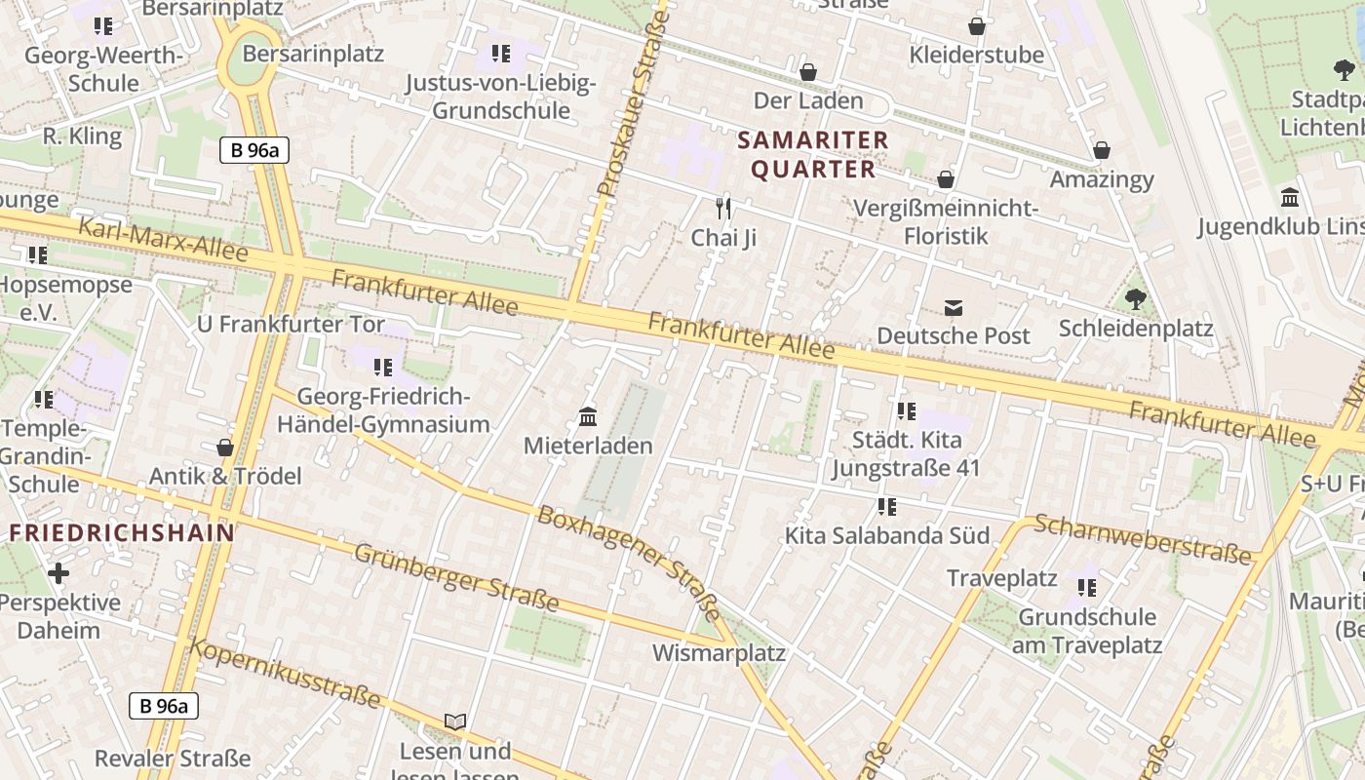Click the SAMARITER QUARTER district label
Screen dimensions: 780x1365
coord(813,155)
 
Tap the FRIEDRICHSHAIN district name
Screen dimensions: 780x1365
coord(122,533)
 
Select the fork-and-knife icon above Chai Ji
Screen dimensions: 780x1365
coord(723,208)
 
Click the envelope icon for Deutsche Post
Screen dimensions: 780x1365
coord(953,308)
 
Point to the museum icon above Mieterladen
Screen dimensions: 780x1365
coord(588,417)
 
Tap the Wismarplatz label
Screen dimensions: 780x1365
coord(719,652)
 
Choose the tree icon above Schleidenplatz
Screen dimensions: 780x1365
coord(1135,299)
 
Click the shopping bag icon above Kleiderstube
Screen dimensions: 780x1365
coord(976,26)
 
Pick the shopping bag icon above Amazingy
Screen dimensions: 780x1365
coord(1101,150)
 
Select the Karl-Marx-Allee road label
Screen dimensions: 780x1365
coord(163,240)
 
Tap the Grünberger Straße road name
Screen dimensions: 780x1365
coord(456,578)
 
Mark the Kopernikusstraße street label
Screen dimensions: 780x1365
coord(285,674)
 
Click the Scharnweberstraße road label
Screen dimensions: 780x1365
coord(1142,539)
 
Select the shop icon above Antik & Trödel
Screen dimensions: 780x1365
coord(225,448)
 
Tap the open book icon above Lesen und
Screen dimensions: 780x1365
coord(455,721)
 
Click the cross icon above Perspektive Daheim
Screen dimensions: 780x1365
coord(58,573)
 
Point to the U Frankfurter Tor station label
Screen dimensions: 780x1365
coord(291,324)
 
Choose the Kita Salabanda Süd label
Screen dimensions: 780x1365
coord(887,535)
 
